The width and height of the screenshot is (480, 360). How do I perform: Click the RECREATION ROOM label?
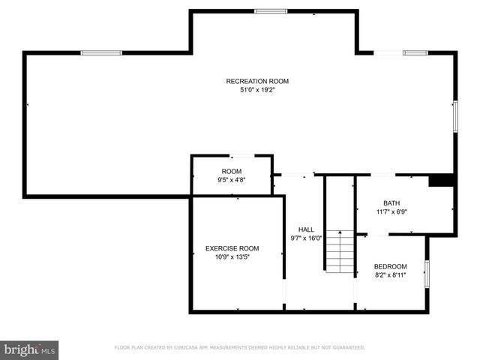tap(257, 81)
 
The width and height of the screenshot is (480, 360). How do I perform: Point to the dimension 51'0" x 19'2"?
tap(257, 90)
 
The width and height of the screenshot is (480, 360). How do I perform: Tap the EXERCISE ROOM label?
tap(232, 248)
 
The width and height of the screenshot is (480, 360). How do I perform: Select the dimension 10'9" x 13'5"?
tap(232, 257)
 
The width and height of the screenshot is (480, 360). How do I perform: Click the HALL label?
tap(306, 229)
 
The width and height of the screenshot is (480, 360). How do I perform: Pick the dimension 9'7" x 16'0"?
tap(306, 238)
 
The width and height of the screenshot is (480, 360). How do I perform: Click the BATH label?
tap(391, 203)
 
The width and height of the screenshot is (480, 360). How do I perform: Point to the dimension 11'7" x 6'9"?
tap(391, 212)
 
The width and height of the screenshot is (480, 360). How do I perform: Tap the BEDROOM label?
tap(391, 266)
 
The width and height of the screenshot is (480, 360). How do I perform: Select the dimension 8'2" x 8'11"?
tap(391, 275)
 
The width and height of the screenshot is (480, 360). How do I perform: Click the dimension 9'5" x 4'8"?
tap(232, 180)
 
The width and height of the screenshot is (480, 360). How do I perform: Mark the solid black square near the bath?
tap(441, 180)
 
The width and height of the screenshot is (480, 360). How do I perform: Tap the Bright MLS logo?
tap(30, 349)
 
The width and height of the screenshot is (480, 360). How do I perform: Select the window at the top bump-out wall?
tap(270, 11)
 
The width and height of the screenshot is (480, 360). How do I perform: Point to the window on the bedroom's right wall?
tap(427, 274)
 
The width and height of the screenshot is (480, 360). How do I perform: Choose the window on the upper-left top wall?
tap(101, 52)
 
